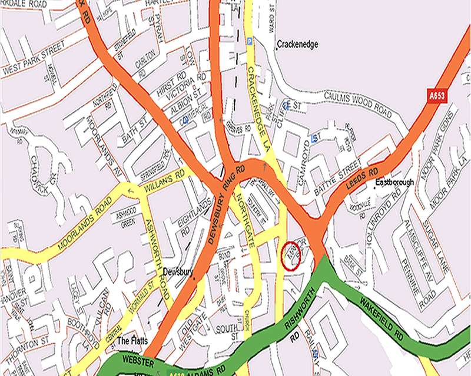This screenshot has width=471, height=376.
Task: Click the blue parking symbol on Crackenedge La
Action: (250, 41)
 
